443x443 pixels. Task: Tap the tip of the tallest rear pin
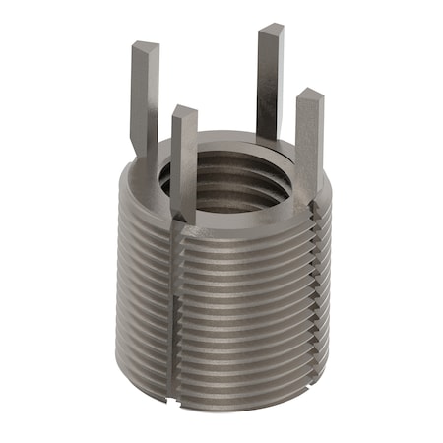click(271, 31)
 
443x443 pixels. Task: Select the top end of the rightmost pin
click(310, 95)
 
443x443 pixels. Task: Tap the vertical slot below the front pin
click(177, 315)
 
